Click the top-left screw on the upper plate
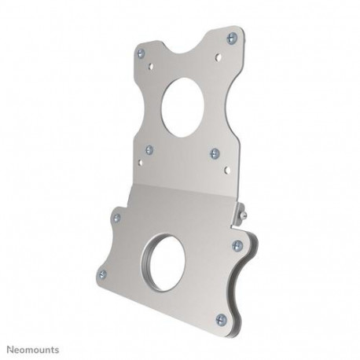click(141, 53)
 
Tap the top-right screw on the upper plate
click(231, 38)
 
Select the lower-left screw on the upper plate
click(149, 149)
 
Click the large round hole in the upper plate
click(185, 102)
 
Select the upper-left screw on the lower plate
click(117, 218)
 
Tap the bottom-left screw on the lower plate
click(102, 274)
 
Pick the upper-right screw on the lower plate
click(237, 246)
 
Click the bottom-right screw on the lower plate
click(221, 319)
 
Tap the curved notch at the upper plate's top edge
click(186, 35)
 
